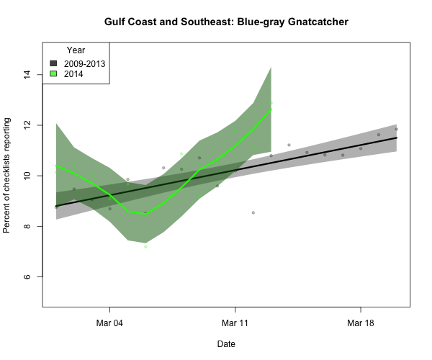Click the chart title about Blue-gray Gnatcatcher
pyautogui.click(x=227, y=23)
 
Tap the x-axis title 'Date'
pyautogui.click(x=225, y=344)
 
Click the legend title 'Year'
pyautogui.click(x=76, y=50)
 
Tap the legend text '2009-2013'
pyautogui.click(x=84, y=63)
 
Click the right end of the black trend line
pyautogui.click(x=397, y=138)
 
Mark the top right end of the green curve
pyautogui.click(x=271, y=109)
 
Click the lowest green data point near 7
pyautogui.click(x=145, y=247)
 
